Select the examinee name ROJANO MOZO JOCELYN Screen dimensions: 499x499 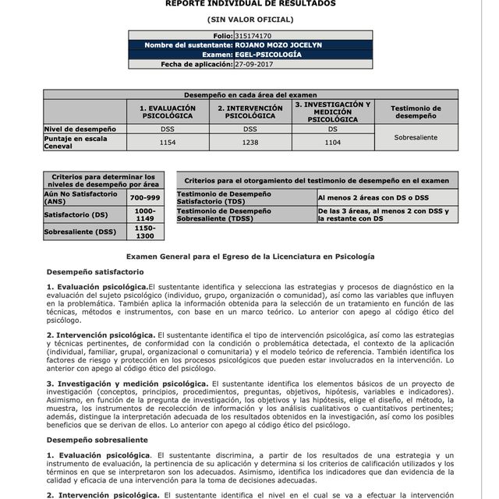[278, 45]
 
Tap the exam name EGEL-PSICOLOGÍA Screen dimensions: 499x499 [267, 55]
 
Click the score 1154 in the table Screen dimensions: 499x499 [167, 143]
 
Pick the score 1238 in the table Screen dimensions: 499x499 [249, 143]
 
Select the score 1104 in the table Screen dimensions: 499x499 [332, 143]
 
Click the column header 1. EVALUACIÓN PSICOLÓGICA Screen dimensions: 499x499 [167, 111]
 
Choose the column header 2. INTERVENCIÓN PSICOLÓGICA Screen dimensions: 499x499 [249, 111]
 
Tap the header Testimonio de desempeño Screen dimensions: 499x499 [416, 111]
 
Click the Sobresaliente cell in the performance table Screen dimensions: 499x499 [416, 137]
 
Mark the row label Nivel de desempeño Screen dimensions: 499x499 [80, 128]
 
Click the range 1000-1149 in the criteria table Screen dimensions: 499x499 [145, 214]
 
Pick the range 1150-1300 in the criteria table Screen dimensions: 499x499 [145, 232]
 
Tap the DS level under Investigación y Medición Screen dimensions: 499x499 [332, 128]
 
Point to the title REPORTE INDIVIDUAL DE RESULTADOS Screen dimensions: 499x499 [250, 4]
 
